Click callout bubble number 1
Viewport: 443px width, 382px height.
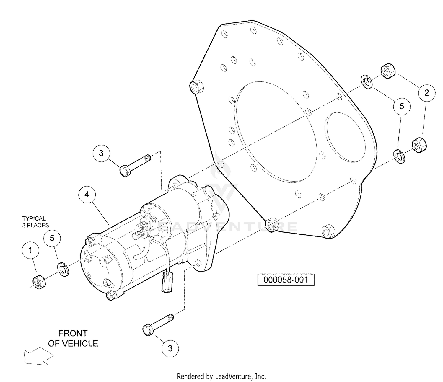pos(30,250)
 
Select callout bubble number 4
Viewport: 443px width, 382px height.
pos(87,195)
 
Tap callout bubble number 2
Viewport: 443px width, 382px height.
pos(426,93)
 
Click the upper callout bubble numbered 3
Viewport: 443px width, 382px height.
pos(101,153)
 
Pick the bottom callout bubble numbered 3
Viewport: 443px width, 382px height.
pos(170,348)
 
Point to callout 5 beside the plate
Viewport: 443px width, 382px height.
pos(402,106)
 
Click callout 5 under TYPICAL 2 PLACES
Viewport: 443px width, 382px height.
pos(52,238)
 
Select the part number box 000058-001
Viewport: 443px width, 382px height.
pos(286,280)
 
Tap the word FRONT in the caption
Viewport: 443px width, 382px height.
pos(73,333)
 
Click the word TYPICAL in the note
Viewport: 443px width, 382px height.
pos(34,218)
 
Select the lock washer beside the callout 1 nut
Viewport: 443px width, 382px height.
pos(63,269)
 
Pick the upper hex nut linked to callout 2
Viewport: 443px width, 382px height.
pos(388,71)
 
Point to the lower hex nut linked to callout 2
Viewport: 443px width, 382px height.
pos(419,145)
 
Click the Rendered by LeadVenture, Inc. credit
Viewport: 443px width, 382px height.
pos(221,376)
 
